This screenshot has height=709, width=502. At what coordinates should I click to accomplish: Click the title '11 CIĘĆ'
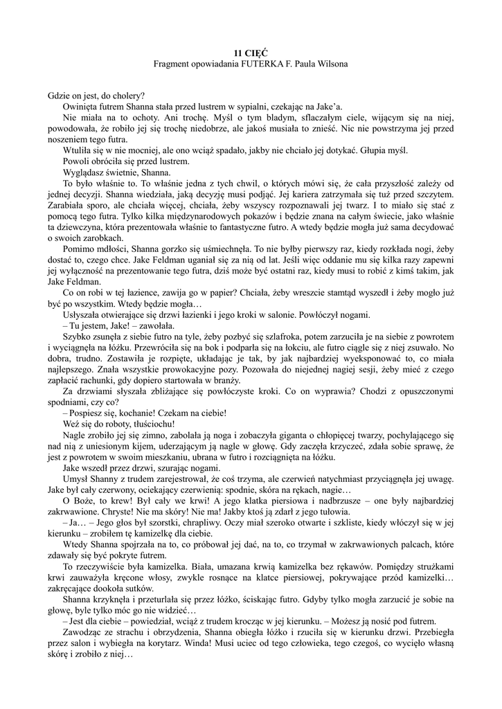[251, 53]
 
